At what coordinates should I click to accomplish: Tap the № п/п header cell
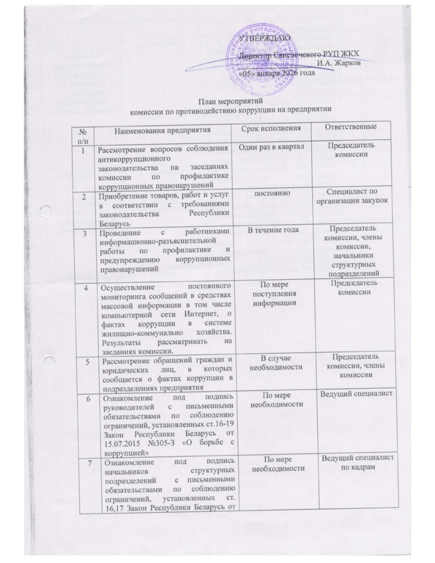(84, 133)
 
